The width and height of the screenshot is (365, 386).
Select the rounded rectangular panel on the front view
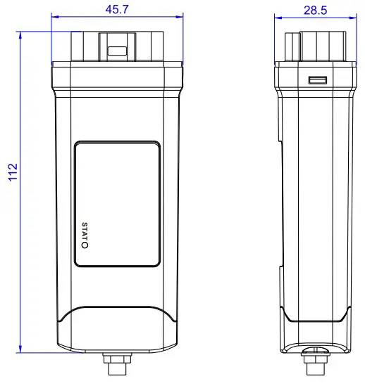tap(118, 203)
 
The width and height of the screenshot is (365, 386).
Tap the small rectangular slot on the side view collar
tap(317, 81)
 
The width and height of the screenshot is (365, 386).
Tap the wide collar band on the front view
tap(117, 75)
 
